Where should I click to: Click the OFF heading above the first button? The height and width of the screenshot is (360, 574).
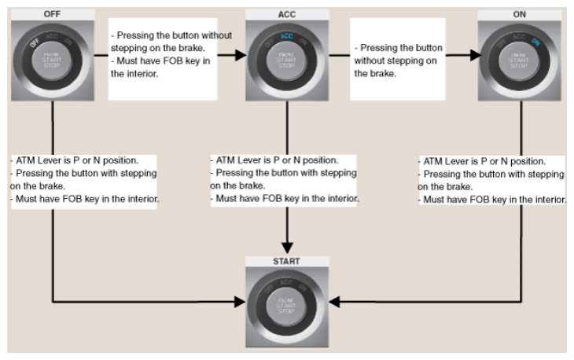coord(52,14)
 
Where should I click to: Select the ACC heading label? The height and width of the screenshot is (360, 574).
coord(287,15)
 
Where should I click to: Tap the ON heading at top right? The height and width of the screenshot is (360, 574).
coord(520,15)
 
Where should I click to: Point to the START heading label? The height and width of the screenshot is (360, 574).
coord(286,261)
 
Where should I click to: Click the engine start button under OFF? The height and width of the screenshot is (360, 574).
coord(52,61)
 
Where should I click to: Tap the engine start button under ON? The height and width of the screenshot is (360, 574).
coord(519,61)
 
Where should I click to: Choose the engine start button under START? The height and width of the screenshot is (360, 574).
coord(286,306)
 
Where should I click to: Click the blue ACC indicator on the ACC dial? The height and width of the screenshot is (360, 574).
coord(287,36)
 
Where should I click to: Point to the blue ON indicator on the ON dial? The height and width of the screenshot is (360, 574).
coord(535,42)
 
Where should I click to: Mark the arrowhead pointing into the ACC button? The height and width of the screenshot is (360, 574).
coord(241,55)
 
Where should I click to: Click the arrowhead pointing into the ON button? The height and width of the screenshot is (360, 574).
coord(476,55)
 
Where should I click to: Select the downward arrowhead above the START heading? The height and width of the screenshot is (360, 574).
coord(287,248)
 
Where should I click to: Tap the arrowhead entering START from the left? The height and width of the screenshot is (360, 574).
coord(240,302)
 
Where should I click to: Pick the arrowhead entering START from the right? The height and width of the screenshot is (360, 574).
coord(335,302)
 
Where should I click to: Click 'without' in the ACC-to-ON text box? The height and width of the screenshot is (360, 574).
coord(370,61)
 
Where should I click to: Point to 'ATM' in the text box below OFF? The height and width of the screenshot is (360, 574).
coord(25,160)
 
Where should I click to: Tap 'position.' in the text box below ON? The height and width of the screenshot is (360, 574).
coord(528,161)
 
